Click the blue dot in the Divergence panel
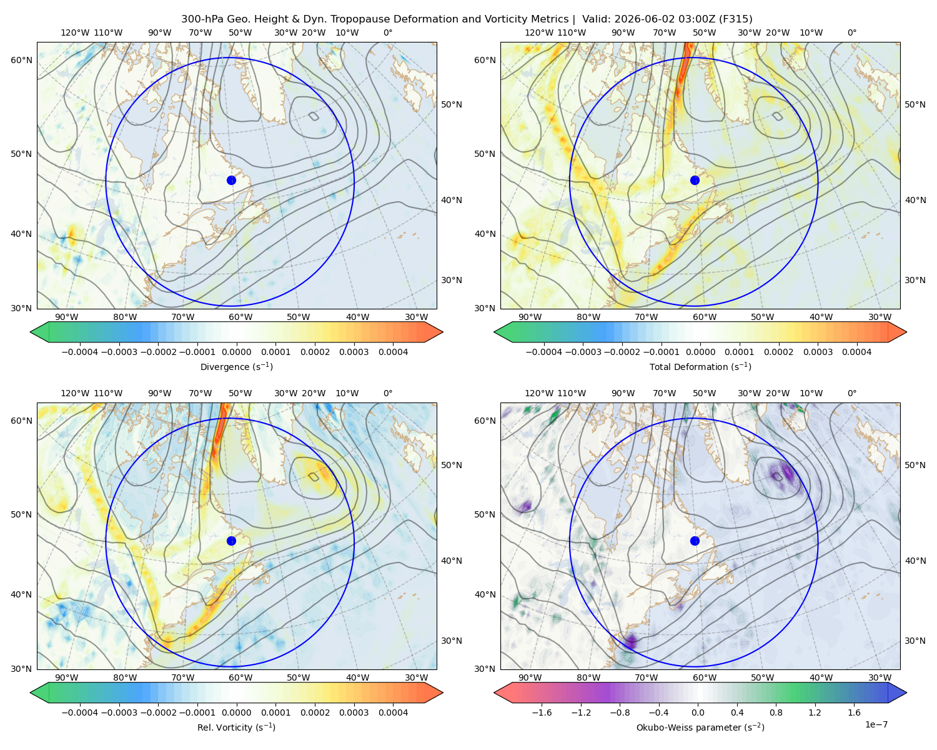click(x=231, y=181)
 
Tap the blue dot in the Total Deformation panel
click(x=695, y=181)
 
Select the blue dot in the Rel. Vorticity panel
click(x=231, y=541)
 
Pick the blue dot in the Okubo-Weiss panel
click(x=695, y=541)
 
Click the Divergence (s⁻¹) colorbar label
click(x=236, y=367)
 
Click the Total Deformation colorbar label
click(x=700, y=367)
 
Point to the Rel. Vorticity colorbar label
click(x=236, y=727)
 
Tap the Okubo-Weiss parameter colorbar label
click(x=700, y=727)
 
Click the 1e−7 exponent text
click(x=876, y=724)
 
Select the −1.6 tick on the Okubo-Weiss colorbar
click(x=542, y=712)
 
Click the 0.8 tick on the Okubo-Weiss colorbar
click(x=776, y=712)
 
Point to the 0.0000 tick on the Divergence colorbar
click(x=236, y=352)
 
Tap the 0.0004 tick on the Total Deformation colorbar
click(x=856, y=352)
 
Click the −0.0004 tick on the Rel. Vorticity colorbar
click(x=80, y=712)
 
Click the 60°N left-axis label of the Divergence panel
click(x=21, y=60)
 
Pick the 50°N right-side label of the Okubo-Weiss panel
click(x=915, y=465)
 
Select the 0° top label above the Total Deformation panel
click(x=851, y=32)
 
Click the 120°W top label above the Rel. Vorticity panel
click(x=75, y=393)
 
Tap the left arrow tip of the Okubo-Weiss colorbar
click(x=494, y=692)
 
